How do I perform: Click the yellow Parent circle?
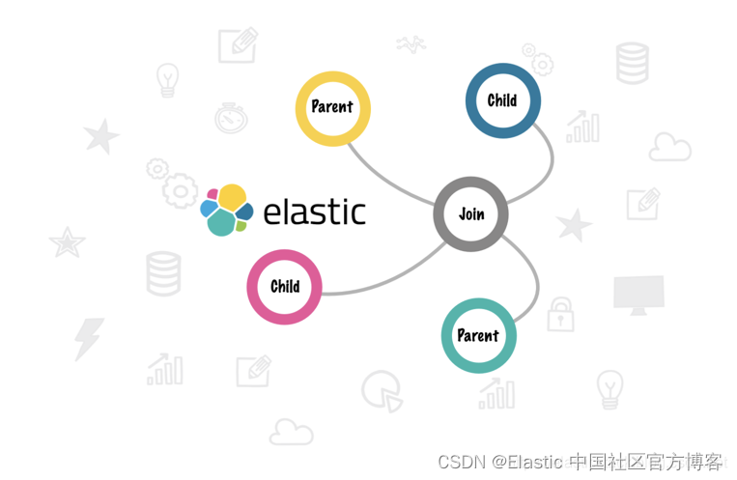[x=332, y=107]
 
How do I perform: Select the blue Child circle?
[x=502, y=100]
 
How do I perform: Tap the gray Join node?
[x=470, y=214]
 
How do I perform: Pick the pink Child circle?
[x=285, y=287]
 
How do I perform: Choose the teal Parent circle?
[x=478, y=336]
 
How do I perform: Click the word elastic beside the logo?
[x=314, y=211]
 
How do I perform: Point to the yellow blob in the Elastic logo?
[x=232, y=196]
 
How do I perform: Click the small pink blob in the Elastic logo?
[x=213, y=194]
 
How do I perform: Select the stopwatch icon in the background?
[x=232, y=117]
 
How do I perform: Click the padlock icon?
[x=560, y=314]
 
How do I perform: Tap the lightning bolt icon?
[x=89, y=339]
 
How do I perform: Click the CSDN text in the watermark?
[x=460, y=462]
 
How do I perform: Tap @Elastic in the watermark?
[x=527, y=462]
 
